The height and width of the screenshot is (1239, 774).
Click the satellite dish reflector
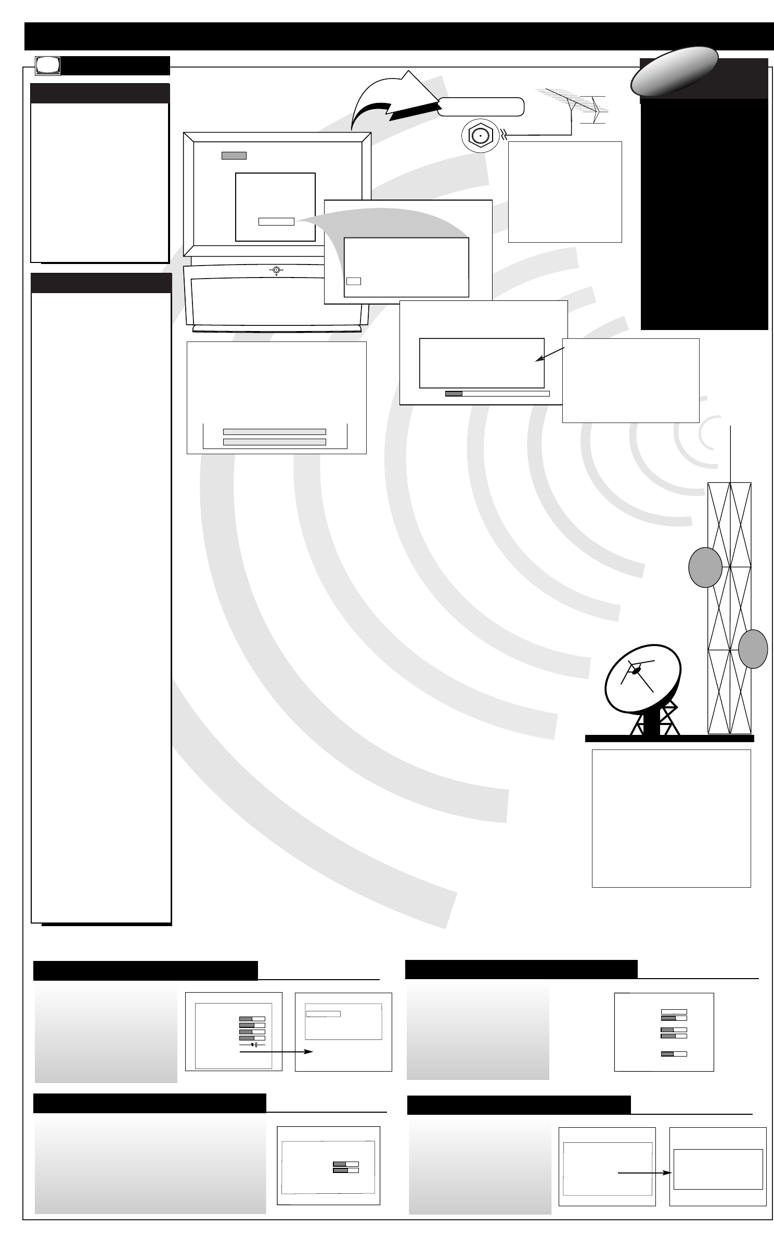point(641,679)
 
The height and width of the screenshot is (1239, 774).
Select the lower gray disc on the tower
point(753,649)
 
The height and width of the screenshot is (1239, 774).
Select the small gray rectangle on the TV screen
point(234,155)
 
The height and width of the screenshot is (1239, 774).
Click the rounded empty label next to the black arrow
point(480,107)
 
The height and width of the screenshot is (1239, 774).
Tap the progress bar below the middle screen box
point(497,393)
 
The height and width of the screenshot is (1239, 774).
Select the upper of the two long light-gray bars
point(274,431)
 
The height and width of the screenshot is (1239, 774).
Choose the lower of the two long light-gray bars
point(274,442)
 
